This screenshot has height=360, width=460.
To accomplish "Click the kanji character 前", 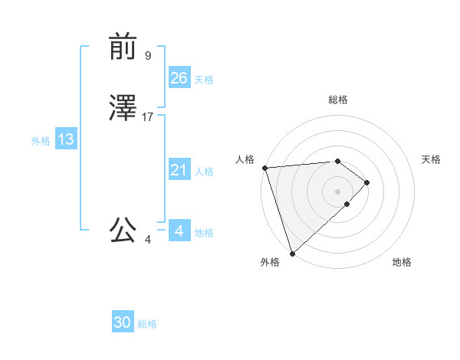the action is coord(123,47).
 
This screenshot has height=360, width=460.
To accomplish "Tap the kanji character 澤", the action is coord(123,109).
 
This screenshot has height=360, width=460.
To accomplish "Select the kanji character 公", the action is coord(123,231).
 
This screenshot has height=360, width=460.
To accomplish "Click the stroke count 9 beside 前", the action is coord(148,56).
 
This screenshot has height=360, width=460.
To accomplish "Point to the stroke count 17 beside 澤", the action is coord(148,117).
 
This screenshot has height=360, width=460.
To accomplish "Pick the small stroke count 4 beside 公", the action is coord(148,240).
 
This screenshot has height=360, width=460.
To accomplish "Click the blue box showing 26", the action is coord(179,77).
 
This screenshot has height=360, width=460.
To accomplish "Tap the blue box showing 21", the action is coord(179,170).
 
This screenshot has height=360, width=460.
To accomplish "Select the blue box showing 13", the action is coord(66,139).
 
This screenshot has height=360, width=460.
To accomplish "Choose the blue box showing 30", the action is coord(123,322).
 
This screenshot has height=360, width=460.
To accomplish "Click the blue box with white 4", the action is coord(179,231).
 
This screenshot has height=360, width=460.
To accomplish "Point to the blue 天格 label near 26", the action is coord(204,80).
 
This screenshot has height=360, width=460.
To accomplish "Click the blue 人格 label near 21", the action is coord(204,172).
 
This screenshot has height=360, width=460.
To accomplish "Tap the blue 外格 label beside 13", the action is coord(41,141).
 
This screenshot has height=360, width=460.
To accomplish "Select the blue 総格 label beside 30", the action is coord(147,325).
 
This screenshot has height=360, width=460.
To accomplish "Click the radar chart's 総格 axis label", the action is coord(338,100).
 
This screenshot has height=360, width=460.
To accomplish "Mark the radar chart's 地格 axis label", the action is coord(402,263).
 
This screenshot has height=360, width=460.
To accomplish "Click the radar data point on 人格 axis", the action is coord(264,168).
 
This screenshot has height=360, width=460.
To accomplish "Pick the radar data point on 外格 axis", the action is coord(292,253).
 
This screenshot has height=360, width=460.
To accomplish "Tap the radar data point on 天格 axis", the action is coord(367,182).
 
